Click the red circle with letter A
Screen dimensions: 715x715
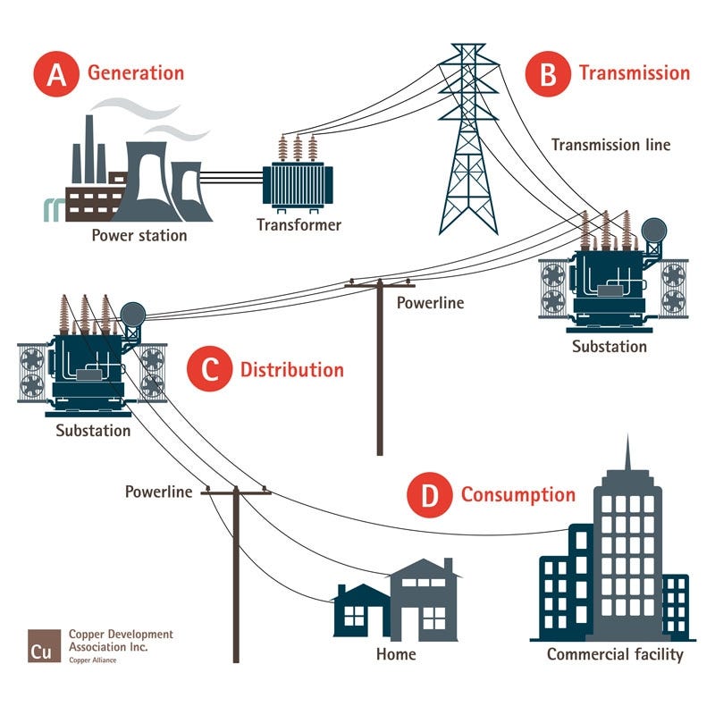pos(56,73)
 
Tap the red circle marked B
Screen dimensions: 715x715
pos(548,73)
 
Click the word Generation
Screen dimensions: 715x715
pos(136,73)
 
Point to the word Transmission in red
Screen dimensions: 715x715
pos(635,73)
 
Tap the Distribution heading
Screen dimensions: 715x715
pos(292,370)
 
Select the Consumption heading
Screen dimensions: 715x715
pos(518,495)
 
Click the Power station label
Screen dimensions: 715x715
pos(139,236)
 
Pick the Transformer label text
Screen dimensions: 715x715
pos(299,224)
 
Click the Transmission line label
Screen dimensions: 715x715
pos(610,144)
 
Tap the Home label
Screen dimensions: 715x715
pos(396,654)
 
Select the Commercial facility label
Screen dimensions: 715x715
pos(615,654)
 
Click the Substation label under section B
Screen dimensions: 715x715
pos(610,346)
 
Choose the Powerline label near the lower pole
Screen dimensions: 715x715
pos(158,492)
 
